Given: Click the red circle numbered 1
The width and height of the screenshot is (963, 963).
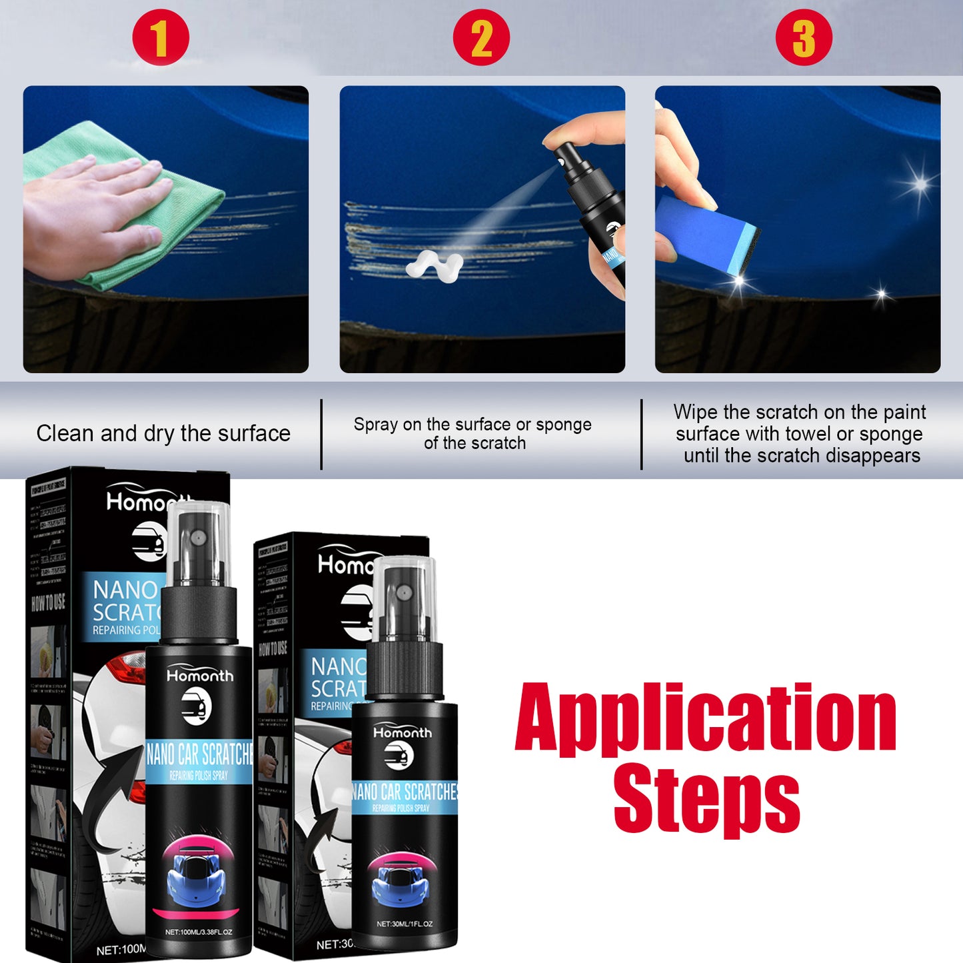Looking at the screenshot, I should click(x=161, y=37).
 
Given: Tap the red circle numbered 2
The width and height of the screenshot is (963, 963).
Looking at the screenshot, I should click(x=481, y=37).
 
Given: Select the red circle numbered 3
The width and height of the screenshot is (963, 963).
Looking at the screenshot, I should click(x=804, y=37).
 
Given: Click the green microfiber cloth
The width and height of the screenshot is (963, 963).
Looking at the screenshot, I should click(x=180, y=200).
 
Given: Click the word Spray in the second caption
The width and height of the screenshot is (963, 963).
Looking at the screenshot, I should click(x=376, y=425).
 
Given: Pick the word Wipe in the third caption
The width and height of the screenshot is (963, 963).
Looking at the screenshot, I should click(x=695, y=412).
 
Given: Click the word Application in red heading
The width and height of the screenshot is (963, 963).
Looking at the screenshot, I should click(x=705, y=718).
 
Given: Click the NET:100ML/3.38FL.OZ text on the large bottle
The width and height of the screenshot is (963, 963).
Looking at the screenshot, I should click(x=199, y=932).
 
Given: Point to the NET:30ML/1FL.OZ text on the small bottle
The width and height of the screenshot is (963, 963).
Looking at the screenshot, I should click(x=404, y=924).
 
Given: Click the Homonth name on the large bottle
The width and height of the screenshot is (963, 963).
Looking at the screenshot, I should click(x=200, y=676).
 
